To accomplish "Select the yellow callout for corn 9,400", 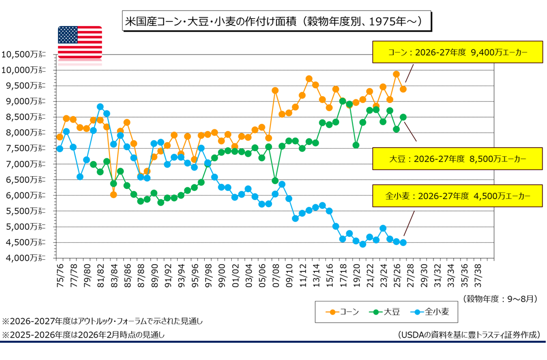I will point(457,52).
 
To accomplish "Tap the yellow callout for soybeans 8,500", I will point(457,159).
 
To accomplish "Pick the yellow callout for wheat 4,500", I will point(457,196).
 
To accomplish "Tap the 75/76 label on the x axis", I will point(60,274).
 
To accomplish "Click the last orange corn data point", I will point(403,89).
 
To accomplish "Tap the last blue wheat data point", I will point(403,242).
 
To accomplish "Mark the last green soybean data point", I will point(403,117).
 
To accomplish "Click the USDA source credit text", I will point(468,335).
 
